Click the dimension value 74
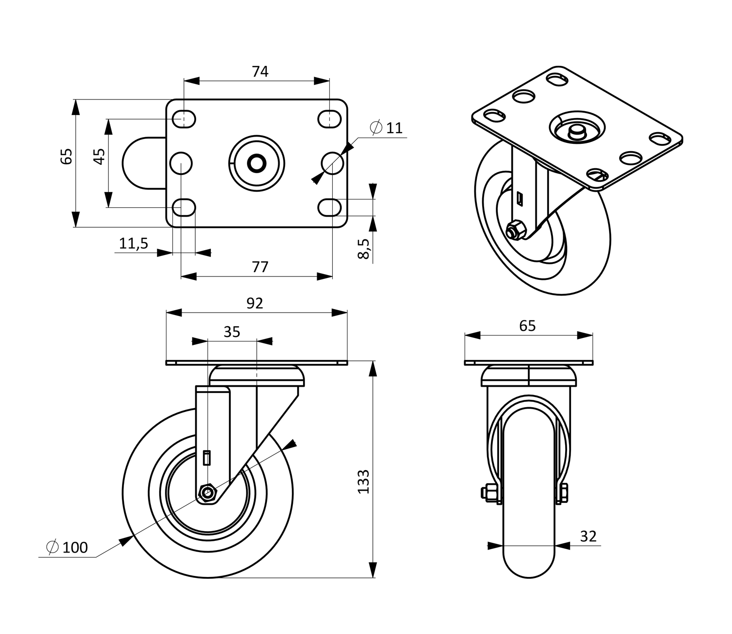click(260, 72)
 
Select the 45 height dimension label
click(99, 157)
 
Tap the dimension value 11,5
click(134, 243)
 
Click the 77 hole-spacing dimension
click(260, 267)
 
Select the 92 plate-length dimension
click(255, 303)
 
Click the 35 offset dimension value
click(232, 332)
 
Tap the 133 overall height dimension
click(364, 481)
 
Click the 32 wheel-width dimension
click(589, 536)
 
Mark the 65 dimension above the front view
click(528, 325)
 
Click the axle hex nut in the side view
click(208, 493)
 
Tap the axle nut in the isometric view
click(515, 230)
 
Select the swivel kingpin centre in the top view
click(256, 163)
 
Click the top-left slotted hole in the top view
click(184, 119)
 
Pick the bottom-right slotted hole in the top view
click(330, 207)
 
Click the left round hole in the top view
click(181, 162)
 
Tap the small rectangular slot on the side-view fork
click(207, 457)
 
